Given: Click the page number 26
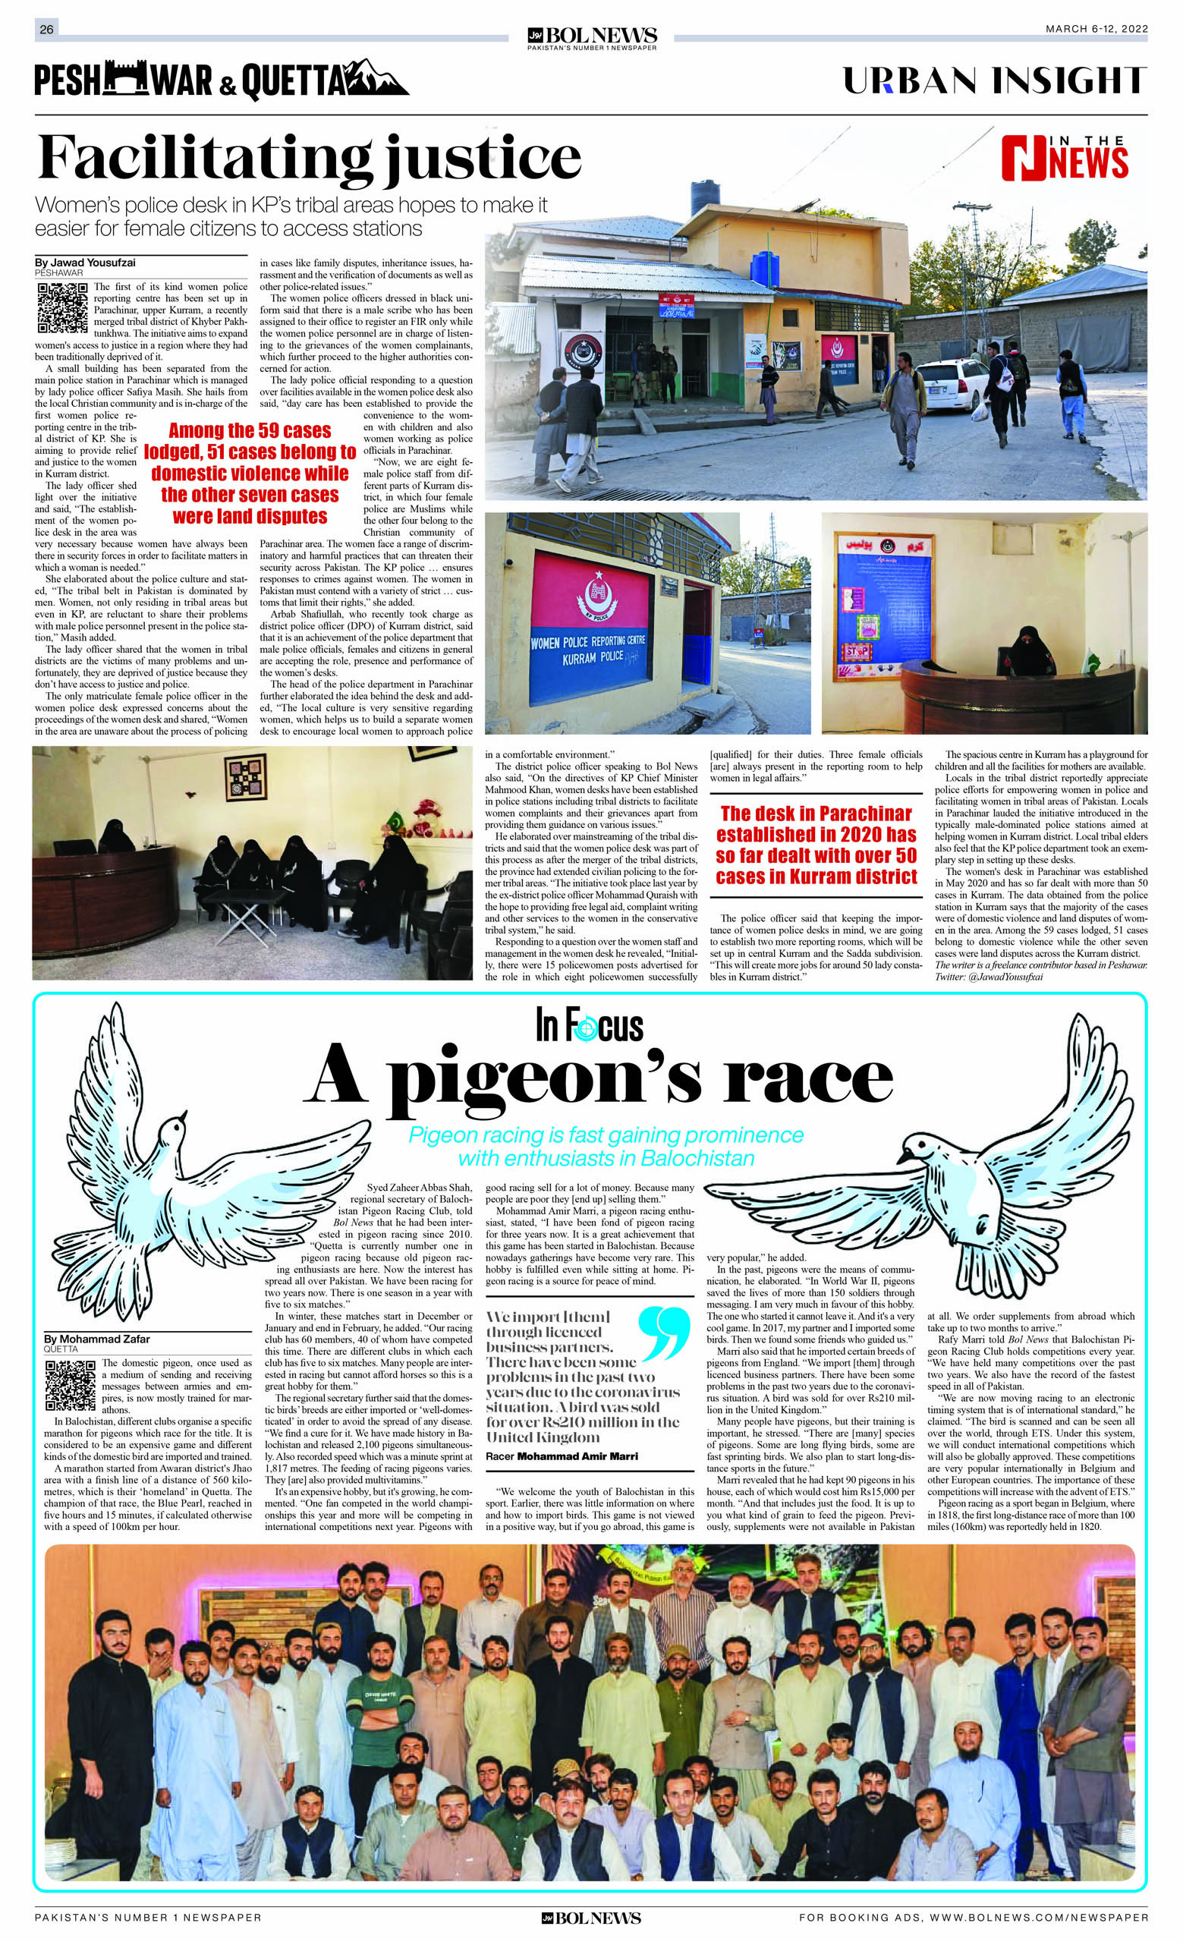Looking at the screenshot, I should click(46, 29).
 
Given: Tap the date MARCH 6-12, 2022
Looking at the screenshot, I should click(1096, 29).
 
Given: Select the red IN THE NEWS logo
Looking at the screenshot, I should click(1064, 158).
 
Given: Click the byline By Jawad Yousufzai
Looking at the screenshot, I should click(85, 263).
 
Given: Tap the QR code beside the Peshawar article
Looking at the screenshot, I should click(62, 307).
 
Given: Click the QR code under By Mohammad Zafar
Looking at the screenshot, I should click(70, 1385).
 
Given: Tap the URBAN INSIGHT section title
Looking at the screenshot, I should click(995, 80).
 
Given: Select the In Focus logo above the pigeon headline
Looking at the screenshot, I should click(590, 1026).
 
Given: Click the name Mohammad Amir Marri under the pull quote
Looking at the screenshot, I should click(577, 1456).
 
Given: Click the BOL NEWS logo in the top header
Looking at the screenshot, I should click(591, 37).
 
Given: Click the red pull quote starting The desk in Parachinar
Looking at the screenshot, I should click(816, 845).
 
